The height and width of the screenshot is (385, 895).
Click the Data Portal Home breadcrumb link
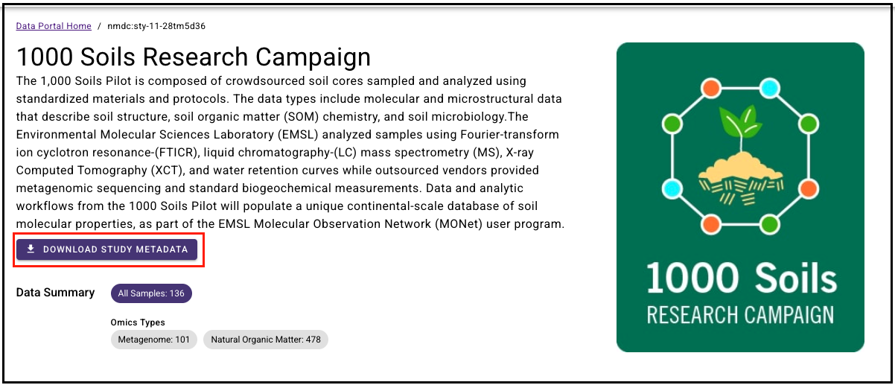[x=54, y=26]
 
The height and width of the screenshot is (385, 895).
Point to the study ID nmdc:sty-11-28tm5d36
[x=156, y=26]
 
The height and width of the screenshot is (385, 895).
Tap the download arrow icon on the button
[x=31, y=249]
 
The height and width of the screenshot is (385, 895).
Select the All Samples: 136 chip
[x=151, y=293]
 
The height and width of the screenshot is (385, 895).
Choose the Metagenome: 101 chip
[x=154, y=340]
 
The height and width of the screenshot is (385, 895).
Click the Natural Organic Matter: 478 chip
[x=266, y=340]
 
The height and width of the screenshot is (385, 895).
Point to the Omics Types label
[x=138, y=322]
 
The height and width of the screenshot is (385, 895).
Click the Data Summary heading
[x=56, y=292]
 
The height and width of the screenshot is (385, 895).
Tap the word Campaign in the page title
[x=313, y=57]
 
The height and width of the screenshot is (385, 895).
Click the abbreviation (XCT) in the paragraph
[x=168, y=171]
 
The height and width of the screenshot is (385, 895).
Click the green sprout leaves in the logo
[x=740, y=121]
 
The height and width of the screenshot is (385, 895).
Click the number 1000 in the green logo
[x=692, y=279]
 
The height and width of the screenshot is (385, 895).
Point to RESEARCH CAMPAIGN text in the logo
[x=740, y=315]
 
